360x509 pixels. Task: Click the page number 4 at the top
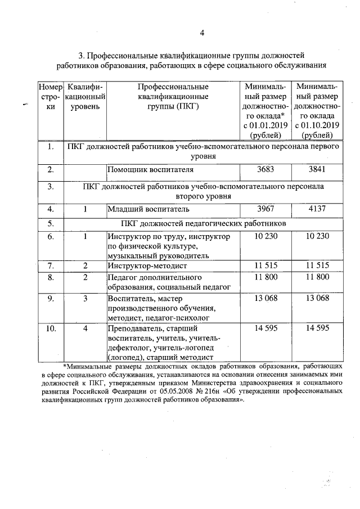coord(202,33)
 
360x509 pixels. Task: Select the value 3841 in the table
coord(317,170)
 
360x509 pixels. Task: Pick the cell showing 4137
coord(317,210)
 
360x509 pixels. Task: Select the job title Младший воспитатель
coord(144,210)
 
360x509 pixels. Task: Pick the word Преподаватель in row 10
coord(136,328)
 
